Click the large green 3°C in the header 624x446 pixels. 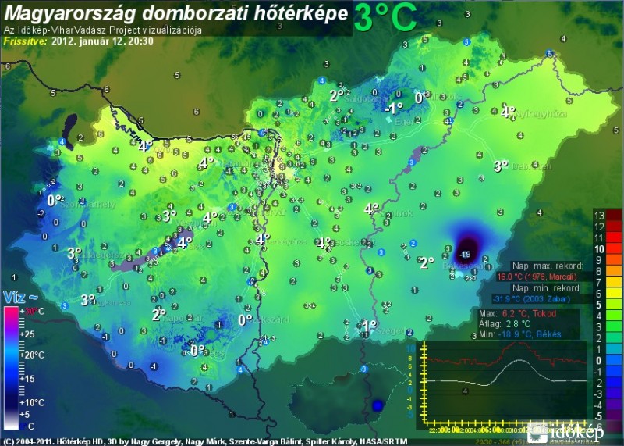(385, 17)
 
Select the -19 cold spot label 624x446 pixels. (466, 255)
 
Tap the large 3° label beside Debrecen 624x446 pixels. (500, 166)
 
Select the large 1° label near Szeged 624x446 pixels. (368, 325)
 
